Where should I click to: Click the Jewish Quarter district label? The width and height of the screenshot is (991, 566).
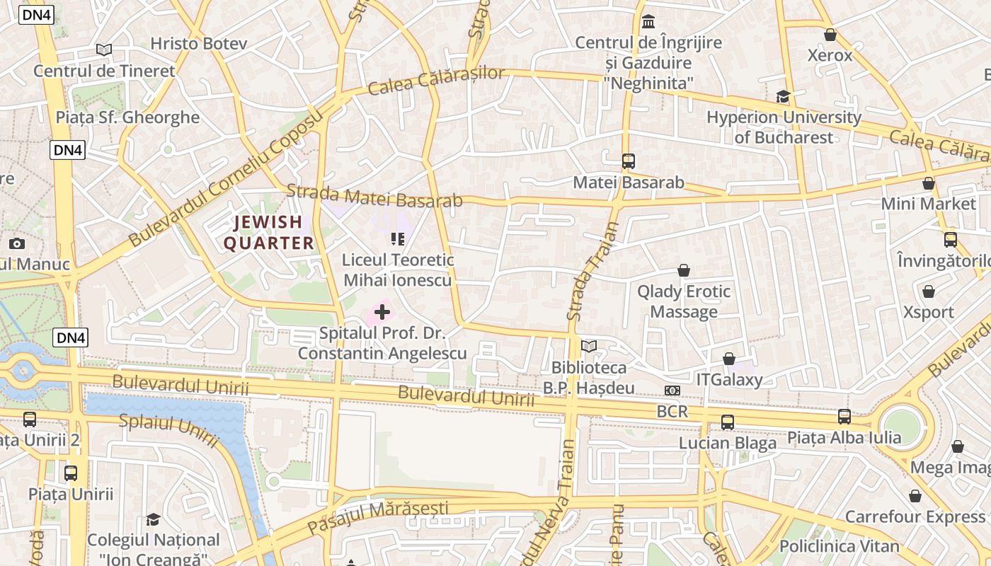tap(269, 233)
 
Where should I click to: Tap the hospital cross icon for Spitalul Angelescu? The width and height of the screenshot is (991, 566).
tap(382, 312)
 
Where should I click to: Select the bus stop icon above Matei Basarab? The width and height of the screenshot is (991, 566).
tap(629, 161)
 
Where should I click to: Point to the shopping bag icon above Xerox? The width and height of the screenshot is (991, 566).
tap(830, 35)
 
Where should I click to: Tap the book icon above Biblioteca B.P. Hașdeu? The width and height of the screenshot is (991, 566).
tap(589, 346)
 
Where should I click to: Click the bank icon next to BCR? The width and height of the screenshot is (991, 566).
tap(672, 391)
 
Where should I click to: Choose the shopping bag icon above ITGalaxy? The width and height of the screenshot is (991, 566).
tap(729, 359)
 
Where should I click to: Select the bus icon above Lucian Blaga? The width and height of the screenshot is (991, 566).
tap(728, 422)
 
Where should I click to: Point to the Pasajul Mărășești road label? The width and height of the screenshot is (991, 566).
tap(378, 517)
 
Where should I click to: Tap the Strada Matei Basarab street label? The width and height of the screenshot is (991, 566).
tap(374, 196)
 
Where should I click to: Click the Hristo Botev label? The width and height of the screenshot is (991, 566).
tap(199, 44)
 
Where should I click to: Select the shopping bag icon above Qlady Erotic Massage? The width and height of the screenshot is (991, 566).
tap(684, 270)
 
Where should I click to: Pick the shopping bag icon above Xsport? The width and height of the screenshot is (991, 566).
tap(929, 291)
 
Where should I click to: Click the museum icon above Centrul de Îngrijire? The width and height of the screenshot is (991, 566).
tap(648, 22)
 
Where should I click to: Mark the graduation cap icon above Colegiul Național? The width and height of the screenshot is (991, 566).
tap(153, 520)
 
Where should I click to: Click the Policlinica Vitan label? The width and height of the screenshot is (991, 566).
tap(840, 546)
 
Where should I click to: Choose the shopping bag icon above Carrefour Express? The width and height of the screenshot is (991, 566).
tap(915, 496)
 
